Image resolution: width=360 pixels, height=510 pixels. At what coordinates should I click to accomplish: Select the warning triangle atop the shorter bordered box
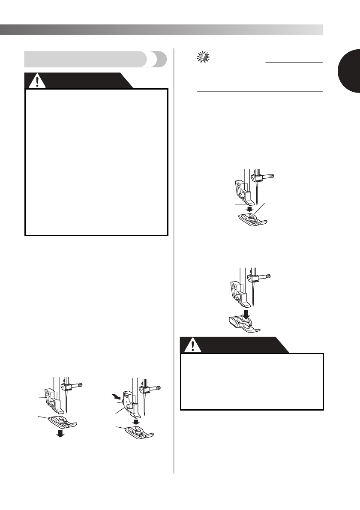click(x=194, y=344)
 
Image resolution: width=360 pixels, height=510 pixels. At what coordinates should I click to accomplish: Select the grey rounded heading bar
click(x=95, y=59)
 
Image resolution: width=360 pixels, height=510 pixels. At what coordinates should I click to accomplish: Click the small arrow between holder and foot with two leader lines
click(x=248, y=210)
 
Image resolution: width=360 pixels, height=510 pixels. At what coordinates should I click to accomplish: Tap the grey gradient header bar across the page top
click(x=161, y=30)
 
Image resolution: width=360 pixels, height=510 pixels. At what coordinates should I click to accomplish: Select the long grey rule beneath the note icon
click(x=259, y=91)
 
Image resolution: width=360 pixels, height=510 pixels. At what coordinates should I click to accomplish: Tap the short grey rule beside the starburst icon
click(x=294, y=62)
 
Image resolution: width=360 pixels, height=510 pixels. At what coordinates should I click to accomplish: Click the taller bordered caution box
click(x=96, y=162)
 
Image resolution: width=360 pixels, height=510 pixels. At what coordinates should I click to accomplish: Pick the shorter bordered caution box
click(x=252, y=381)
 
